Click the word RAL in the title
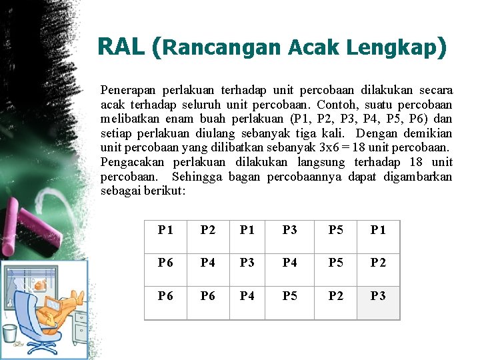click(x=121, y=47)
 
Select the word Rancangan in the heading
click(x=223, y=48)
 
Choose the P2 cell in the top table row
click(x=208, y=230)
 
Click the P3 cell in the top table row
click(x=290, y=230)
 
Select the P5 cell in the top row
click(x=336, y=230)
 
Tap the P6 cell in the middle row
click(x=165, y=263)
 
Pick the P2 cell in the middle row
click(x=378, y=263)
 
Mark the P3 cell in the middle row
click(x=247, y=263)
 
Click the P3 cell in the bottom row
click(x=378, y=296)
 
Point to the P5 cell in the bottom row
click(x=290, y=296)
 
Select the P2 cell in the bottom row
click(x=336, y=296)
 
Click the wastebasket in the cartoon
click(x=9, y=333)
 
